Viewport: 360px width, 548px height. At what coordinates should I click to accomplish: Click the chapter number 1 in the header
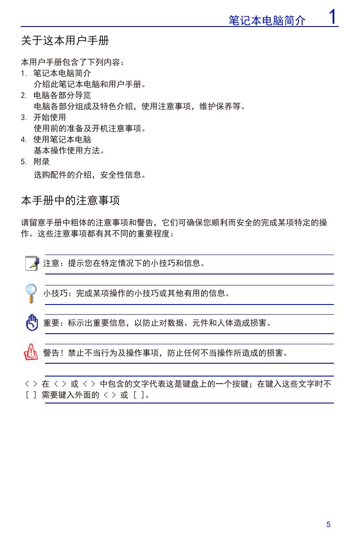click(333, 17)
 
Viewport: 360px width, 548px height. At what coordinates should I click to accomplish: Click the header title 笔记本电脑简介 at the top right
click(267, 20)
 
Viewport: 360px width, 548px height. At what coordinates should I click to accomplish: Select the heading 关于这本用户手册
click(65, 41)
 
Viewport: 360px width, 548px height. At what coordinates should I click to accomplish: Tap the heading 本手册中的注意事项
click(70, 201)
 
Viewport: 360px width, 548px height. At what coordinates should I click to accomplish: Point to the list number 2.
click(23, 95)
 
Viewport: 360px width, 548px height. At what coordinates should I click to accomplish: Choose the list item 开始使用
click(50, 118)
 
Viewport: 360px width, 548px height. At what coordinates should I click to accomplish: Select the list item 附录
click(42, 162)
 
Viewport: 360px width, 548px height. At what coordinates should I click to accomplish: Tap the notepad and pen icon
click(32, 263)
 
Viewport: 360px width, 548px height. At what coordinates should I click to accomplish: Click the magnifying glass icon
click(31, 293)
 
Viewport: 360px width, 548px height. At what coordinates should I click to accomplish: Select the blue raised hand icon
click(32, 323)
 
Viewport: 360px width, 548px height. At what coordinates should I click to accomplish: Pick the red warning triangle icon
click(31, 353)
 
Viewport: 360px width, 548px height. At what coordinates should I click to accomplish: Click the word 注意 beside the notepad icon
click(51, 264)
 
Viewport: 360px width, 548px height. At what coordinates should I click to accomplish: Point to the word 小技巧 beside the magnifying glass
click(55, 293)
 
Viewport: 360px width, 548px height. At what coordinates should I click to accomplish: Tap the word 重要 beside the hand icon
click(51, 323)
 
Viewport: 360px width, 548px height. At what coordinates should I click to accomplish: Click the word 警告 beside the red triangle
click(51, 353)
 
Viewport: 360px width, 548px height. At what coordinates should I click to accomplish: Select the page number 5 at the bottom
click(328, 525)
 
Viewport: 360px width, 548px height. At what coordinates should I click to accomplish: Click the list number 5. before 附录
click(23, 162)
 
